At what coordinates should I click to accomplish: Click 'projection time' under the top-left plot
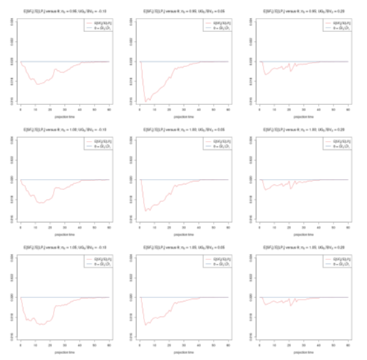(x=64, y=118)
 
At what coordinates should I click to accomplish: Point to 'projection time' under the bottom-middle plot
(x=184, y=354)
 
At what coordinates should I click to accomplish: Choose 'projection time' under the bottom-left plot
(x=64, y=354)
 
